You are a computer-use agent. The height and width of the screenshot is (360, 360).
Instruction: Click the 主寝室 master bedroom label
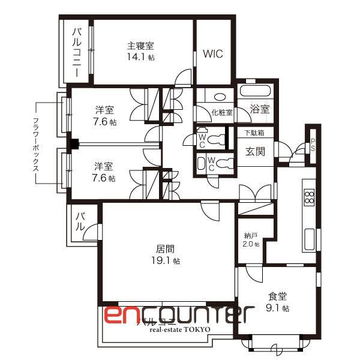tap(140, 46)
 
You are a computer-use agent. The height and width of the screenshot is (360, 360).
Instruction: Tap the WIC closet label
tap(212, 54)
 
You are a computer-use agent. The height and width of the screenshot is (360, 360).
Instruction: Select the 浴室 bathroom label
tap(260, 109)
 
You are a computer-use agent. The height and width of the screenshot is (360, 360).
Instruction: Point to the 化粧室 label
tap(221, 112)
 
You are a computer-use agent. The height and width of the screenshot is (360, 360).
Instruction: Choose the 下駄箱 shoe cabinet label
tap(254, 133)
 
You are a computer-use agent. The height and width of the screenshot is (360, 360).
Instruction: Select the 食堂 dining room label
tap(278, 296)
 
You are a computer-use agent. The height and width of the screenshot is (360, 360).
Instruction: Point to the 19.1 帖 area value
tap(165, 261)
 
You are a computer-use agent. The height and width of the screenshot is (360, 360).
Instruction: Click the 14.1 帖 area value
tap(140, 58)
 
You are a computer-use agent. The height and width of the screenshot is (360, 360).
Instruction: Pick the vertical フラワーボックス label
tap(36, 144)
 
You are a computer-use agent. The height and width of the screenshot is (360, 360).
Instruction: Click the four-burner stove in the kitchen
tap(310, 197)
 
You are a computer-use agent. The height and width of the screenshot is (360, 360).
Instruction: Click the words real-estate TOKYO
tap(180, 330)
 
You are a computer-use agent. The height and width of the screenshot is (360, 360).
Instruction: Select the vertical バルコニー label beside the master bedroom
tap(77, 53)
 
